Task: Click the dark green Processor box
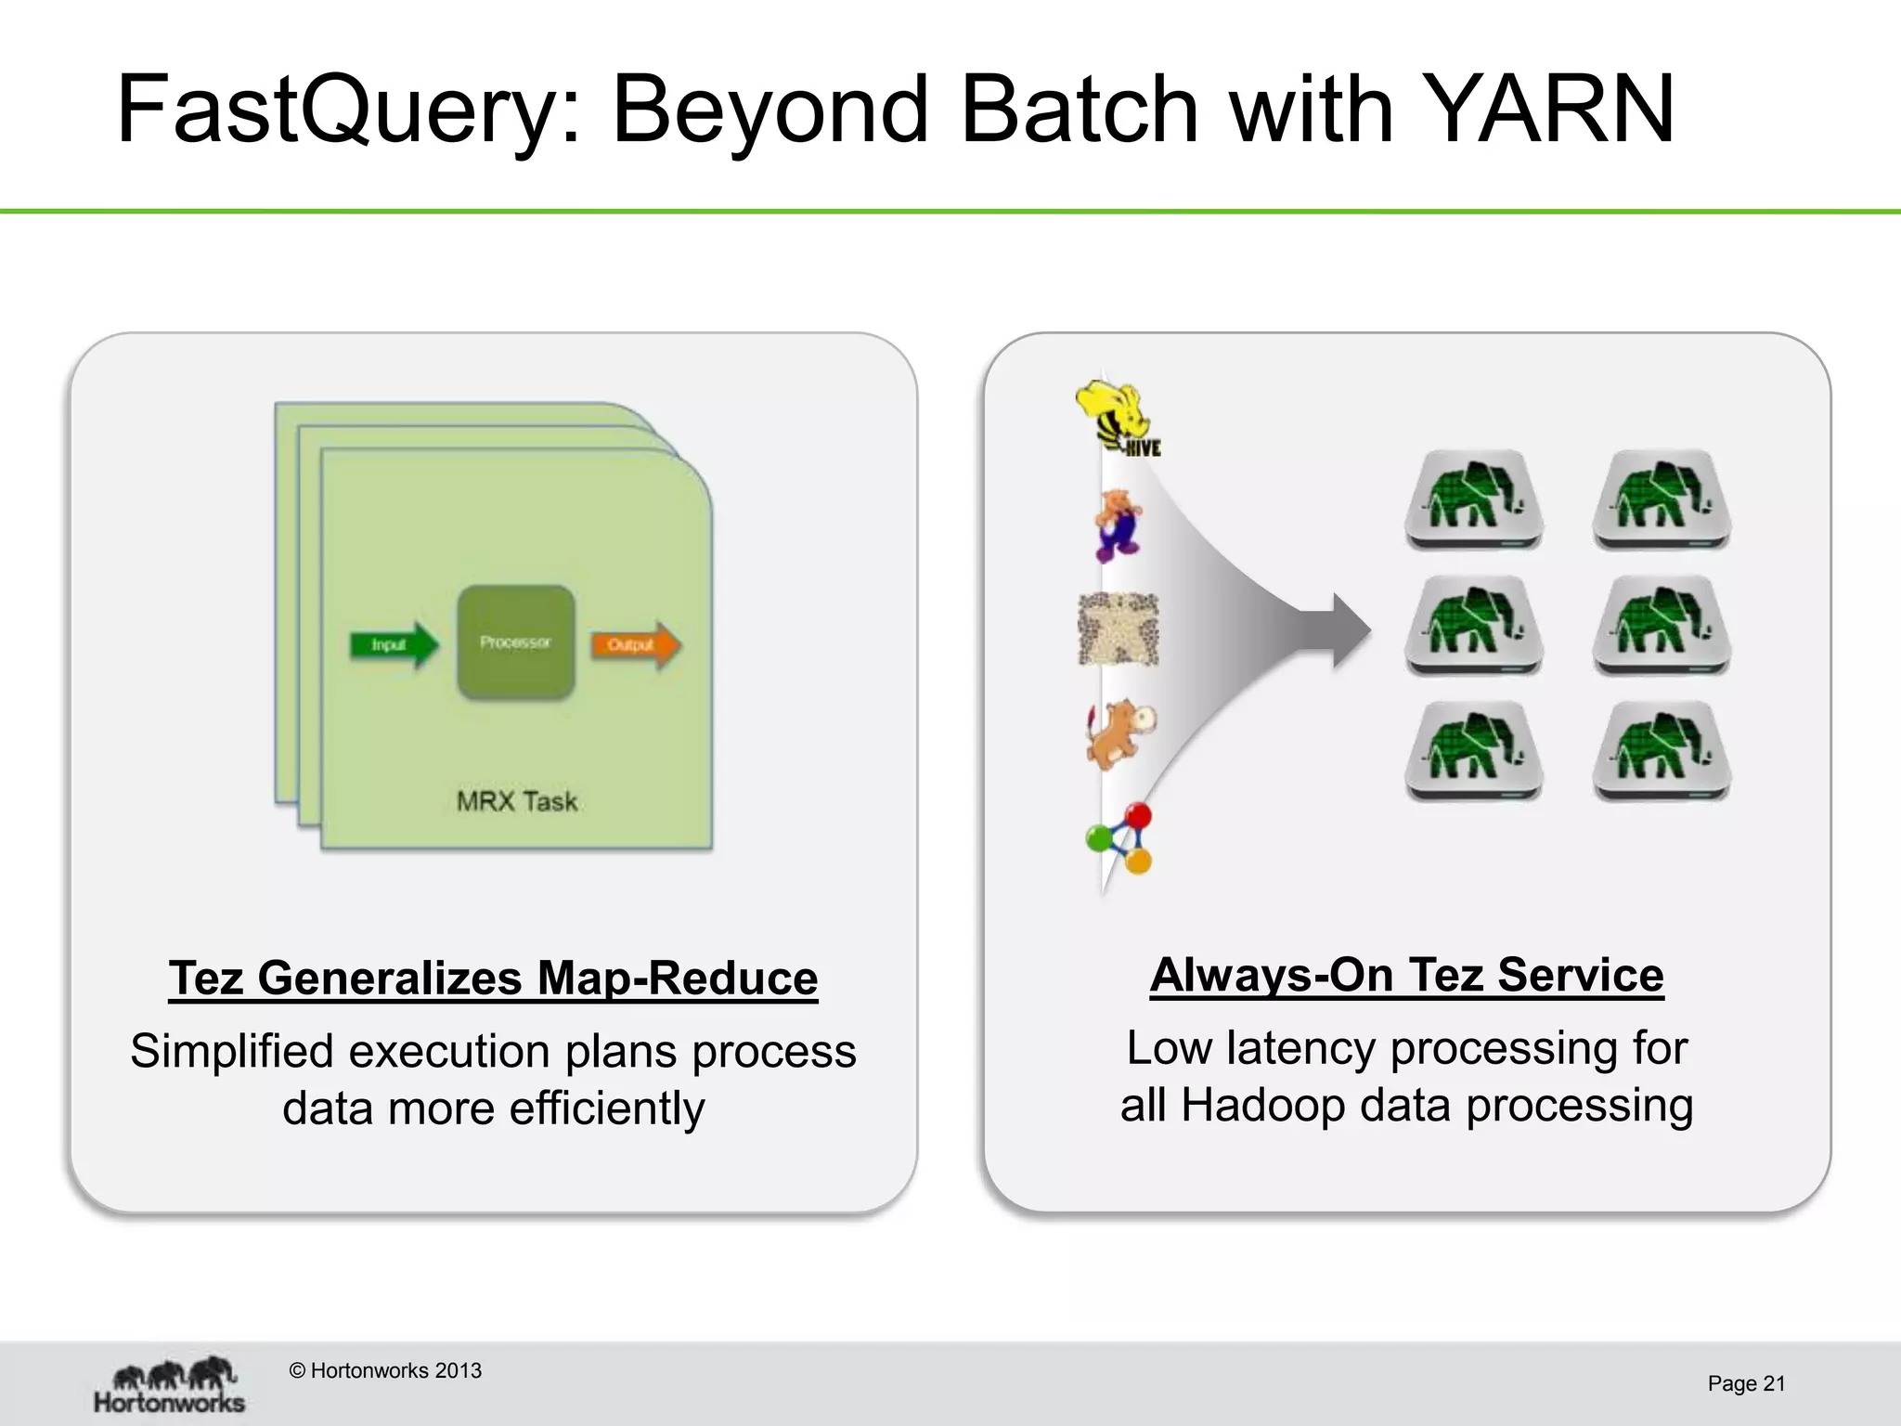coord(516,642)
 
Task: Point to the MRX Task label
coord(517,801)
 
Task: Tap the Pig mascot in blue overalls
coord(1118,525)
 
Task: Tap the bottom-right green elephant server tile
coord(1662,750)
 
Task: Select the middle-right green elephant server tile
coord(1662,625)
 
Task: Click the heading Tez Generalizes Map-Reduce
coord(493,979)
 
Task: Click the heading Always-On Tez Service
coord(1406,975)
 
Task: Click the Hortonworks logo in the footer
coord(170,1385)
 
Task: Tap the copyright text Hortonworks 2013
coord(386,1370)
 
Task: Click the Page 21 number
coord(1746,1383)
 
